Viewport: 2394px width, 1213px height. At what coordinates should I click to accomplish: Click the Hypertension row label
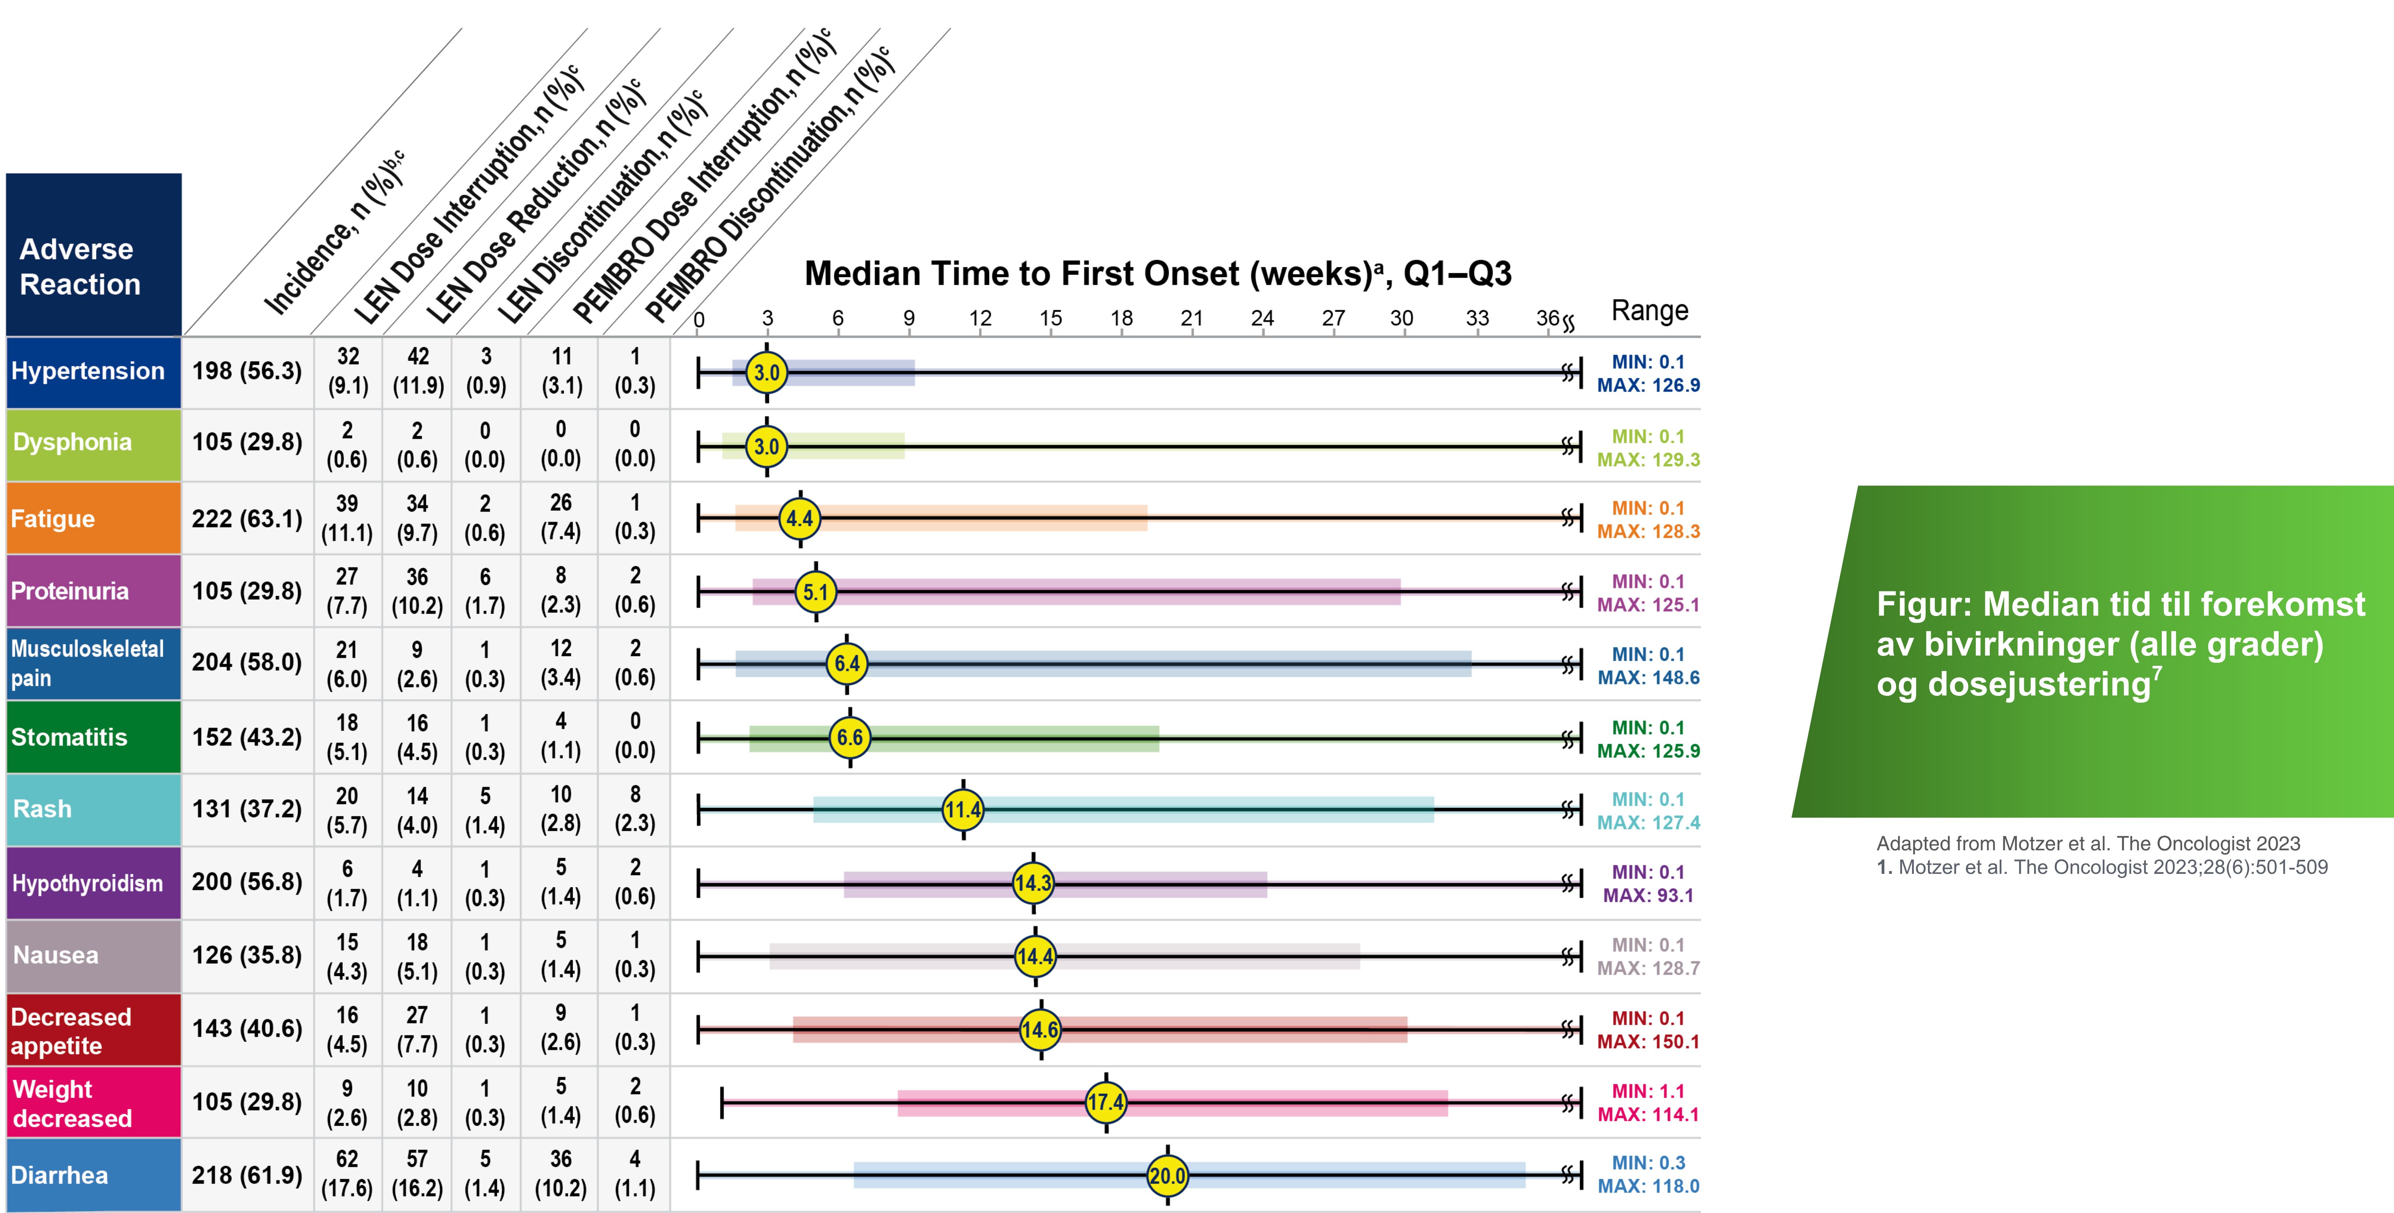point(88,371)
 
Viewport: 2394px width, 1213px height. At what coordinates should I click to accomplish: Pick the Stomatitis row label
point(70,737)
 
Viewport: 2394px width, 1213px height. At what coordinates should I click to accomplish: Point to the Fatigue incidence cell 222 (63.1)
point(247,519)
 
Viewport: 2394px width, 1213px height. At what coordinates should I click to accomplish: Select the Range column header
point(1649,310)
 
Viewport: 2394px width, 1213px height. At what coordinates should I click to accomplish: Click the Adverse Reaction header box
point(93,256)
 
